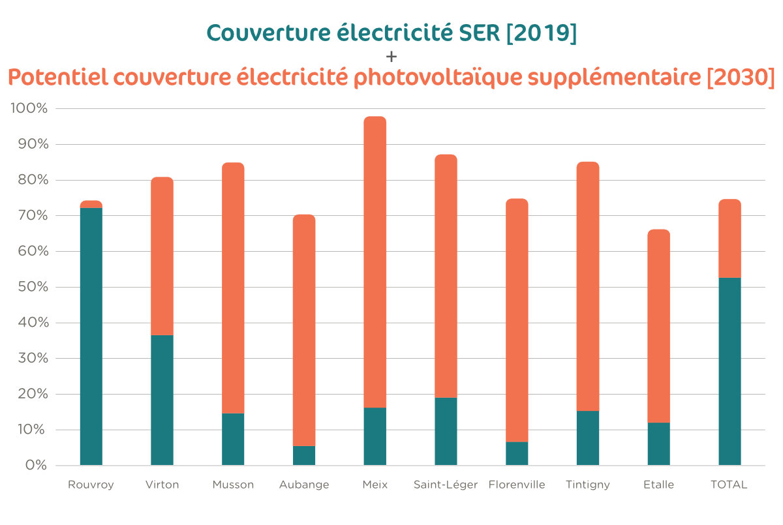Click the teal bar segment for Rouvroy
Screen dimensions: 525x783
(x=91, y=336)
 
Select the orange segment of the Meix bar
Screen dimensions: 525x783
(x=375, y=261)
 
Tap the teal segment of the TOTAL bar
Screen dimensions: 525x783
(x=729, y=372)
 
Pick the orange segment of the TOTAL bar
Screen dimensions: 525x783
(x=729, y=238)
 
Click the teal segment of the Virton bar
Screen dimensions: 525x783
(x=162, y=400)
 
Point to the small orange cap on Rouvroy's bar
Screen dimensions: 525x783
(x=91, y=204)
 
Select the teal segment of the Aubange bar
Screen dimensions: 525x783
(x=304, y=455)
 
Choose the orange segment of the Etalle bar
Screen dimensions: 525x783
(x=658, y=326)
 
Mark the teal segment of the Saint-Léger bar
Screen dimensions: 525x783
(x=446, y=431)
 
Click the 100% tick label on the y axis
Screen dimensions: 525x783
(x=29, y=108)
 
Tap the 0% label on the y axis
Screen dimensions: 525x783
(x=36, y=465)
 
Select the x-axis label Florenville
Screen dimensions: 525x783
(x=516, y=485)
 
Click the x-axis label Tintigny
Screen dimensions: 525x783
(x=588, y=485)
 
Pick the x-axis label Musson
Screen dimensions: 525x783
(x=233, y=485)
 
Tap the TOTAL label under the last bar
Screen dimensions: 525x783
(x=729, y=485)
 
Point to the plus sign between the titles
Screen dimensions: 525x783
(x=391, y=56)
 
